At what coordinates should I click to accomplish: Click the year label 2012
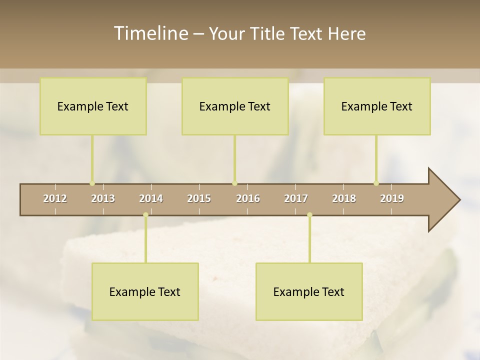[x=55, y=198]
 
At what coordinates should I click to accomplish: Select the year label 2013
[x=103, y=198]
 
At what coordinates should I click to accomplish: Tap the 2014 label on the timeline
[x=151, y=198]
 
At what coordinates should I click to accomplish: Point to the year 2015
[x=199, y=198]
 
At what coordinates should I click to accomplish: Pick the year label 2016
[x=248, y=198]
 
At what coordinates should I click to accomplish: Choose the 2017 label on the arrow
[x=296, y=198]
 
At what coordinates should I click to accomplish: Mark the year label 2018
[x=344, y=198]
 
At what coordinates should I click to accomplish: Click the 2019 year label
[x=392, y=198]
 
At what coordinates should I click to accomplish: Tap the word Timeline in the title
[x=150, y=33]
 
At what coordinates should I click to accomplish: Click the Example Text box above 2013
[x=93, y=106]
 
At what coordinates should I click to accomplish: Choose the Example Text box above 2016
[x=235, y=106]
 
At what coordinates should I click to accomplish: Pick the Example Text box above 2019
[x=377, y=106]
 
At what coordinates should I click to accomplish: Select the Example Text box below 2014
[x=145, y=291]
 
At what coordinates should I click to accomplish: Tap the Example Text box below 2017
[x=309, y=291]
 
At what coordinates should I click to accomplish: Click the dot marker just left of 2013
[x=92, y=183]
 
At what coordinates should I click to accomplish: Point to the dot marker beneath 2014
[x=145, y=215]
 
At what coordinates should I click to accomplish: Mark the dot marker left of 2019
[x=376, y=183]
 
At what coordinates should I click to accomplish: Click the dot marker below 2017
[x=309, y=215]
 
